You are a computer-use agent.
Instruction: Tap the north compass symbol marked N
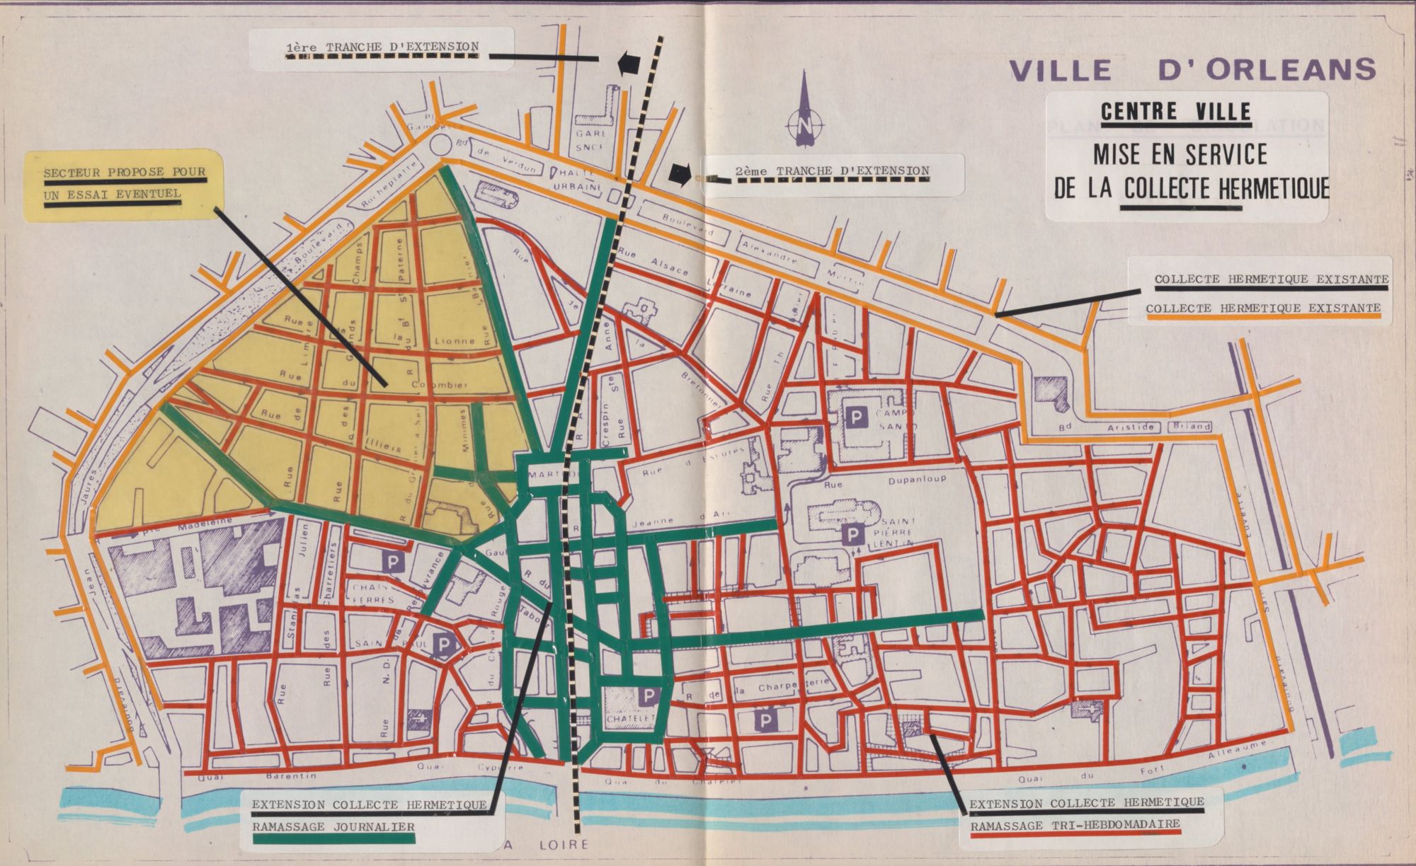805,126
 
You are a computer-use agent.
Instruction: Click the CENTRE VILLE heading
1175,111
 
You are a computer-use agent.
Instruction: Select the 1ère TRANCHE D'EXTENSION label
382,47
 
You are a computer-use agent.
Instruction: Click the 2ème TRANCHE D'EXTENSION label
833,171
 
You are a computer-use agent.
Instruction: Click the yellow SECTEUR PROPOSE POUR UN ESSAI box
125,183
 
